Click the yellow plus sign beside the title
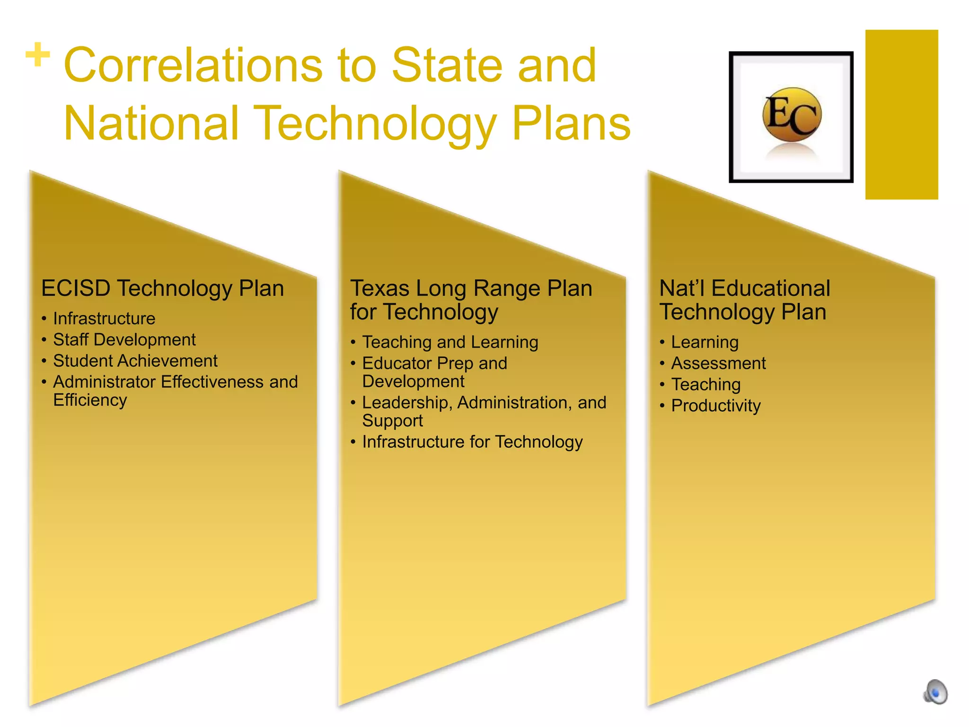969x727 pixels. [x=38, y=55]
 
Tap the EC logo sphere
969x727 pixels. [x=792, y=115]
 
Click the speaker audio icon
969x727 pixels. [x=936, y=692]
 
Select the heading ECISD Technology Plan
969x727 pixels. [x=162, y=288]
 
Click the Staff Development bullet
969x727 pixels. [x=124, y=340]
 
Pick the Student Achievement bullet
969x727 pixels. [x=135, y=361]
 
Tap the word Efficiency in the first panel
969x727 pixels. [x=90, y=400]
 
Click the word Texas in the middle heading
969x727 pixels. [x=379, y=288]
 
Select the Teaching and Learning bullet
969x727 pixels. [x=450, y=342]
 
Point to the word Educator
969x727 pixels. [x=397, y=363]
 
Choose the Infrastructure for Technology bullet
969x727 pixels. [x=472, y=442]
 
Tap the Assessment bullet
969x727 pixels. [x=718, y=363]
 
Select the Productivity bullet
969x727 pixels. [x=716, y=406]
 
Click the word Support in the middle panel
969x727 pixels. [x=392, y=421]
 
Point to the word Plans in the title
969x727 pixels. [x=571, y=124]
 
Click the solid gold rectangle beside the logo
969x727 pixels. [x=901, y=115]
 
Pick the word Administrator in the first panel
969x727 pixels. [x=104, y=382]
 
